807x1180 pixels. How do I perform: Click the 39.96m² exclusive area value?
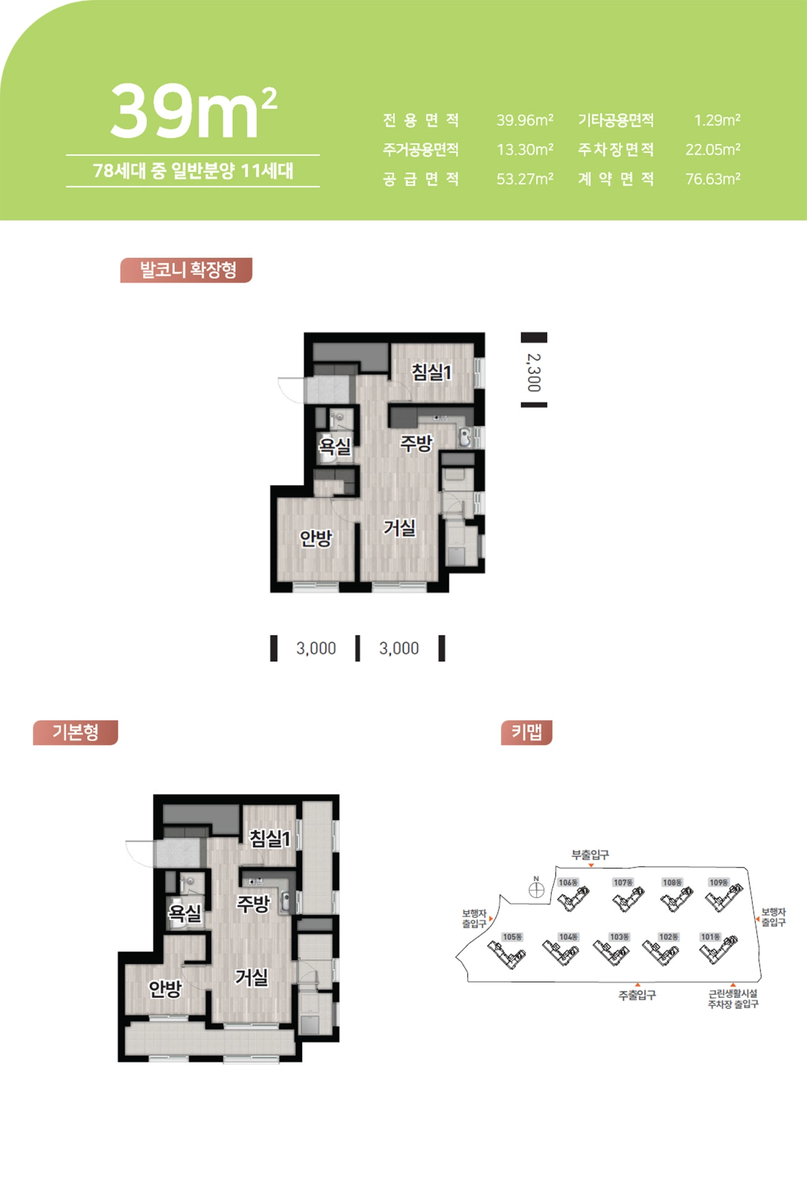525,120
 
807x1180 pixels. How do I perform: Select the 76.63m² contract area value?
713,179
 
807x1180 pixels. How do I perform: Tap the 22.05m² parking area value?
713,150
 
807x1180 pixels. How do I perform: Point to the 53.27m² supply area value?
525,179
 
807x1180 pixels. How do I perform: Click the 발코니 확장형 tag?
186,270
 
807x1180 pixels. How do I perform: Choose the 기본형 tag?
75,732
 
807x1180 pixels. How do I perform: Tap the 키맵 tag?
526,732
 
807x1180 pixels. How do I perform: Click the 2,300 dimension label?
534,373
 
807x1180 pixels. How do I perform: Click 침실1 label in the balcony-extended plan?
432,372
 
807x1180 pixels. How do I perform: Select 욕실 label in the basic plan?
186,912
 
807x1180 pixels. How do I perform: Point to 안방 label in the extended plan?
316,538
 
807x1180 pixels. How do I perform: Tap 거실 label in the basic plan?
251,977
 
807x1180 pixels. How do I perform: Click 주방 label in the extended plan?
416,443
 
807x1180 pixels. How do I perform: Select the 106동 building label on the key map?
568,883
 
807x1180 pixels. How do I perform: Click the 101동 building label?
710,937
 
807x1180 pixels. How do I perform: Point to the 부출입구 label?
590,855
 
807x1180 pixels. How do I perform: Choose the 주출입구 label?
637,995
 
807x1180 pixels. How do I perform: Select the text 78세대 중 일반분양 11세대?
193,171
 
